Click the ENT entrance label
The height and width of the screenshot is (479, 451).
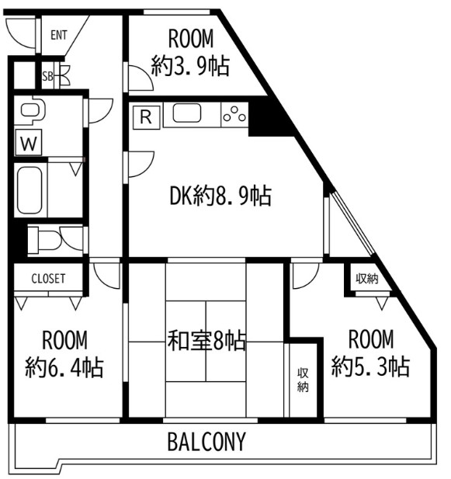(x=59, y=35)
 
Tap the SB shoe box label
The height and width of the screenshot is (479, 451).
(x=47, y=76)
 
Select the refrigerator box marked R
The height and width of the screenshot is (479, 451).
(x=146, y=117)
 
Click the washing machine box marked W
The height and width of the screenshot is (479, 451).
(x=29, y=143)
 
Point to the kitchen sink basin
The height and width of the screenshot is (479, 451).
(x=187, y=113)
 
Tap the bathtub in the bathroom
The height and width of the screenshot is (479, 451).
(x=29, y=190)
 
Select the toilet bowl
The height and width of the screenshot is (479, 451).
(x=45, y=240)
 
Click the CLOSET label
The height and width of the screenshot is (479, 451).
(x=48, y=279)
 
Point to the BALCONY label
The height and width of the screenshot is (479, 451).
(x=206, y=442)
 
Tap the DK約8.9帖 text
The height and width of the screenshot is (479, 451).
(x=220, y=196)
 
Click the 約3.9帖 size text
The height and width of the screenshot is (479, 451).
(x=190, y=66)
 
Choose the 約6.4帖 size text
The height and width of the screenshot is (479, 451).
(x=64, y=367)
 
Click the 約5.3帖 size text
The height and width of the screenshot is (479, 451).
(x=370, y=366)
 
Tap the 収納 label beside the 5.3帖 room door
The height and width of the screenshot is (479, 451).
(x=367, y=278)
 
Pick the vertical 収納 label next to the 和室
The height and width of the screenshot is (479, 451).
(x=303, y=380)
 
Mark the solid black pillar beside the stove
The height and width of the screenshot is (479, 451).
(x=267, y=117)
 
